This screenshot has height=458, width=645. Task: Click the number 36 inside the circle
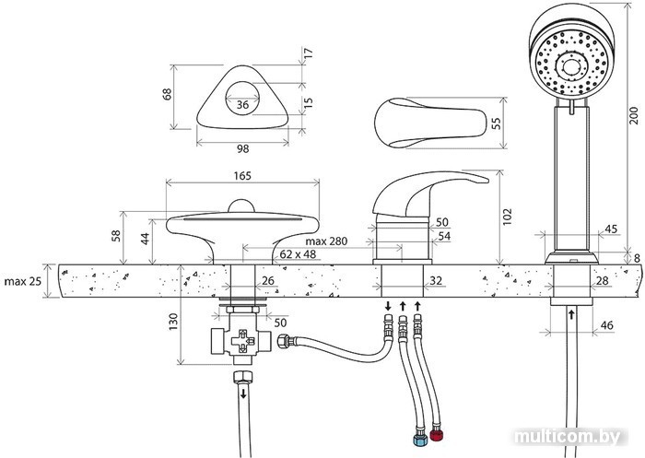click(242, 105)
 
